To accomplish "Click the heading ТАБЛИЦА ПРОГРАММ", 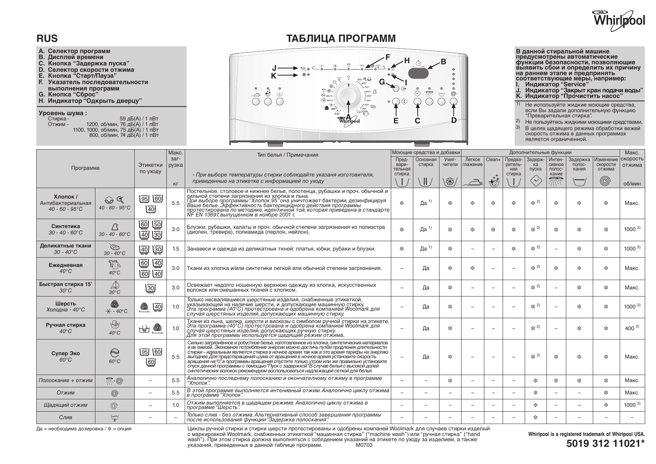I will [341, 39].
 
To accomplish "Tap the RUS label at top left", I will [47, 39].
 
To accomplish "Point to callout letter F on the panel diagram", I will [388, 57].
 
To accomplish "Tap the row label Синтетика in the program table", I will [65, 226].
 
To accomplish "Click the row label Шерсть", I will [65, 304].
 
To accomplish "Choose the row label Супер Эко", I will [65, 353].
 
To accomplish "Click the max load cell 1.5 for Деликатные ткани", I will [175, 249].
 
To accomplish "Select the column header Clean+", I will [493, 160].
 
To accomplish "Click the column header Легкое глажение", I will [472, 162].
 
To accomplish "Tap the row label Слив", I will [66, 417].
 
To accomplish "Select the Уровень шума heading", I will [63, 113].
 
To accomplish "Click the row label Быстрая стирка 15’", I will [65, 284].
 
